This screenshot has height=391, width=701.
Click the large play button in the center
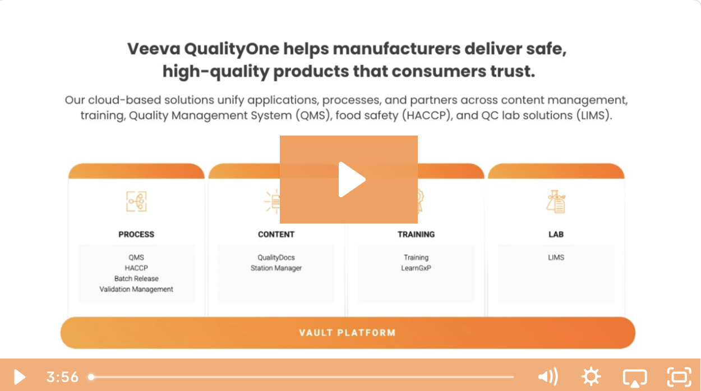[349, 180]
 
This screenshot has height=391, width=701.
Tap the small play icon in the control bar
[20, 377]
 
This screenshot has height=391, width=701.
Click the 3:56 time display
[62, 377]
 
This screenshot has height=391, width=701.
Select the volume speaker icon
[547, 377]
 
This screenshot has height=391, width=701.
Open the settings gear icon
[591, 377]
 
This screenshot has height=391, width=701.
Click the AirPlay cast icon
[635, 377]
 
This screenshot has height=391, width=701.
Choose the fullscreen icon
[679, 377]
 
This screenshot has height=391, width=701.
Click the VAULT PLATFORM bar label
[347, 333]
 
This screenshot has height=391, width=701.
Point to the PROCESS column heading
[136, 234]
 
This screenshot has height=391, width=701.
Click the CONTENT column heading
[276, 234]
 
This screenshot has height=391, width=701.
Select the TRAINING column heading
[416, 234]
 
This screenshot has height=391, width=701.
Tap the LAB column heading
[556, 234]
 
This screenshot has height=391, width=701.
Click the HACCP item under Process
[136, 268]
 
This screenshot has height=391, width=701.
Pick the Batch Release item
[136, 279]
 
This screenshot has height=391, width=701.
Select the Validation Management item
[136, 290]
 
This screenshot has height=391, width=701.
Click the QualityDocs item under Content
[276, 258]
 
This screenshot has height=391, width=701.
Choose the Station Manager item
[276, 268]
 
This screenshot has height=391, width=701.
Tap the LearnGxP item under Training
[416, 268]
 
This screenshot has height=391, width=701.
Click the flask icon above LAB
[556, 202]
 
